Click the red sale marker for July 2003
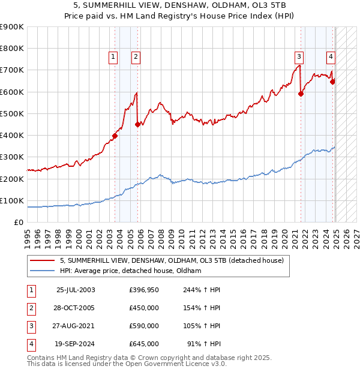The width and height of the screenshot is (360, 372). (x=115, y=136)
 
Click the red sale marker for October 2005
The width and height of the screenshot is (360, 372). (x=138, y=124)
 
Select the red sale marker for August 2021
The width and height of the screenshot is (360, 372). (x=301, y=94)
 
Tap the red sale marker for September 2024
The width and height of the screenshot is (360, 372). (x=333, y=82)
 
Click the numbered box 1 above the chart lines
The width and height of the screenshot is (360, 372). (x=113, y=57)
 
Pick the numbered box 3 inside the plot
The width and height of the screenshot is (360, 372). (x=298, y=57)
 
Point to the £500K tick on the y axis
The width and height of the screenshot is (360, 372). (x=12, y=113)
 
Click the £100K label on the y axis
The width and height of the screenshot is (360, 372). (x=12, y=200)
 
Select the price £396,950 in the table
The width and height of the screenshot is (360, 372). (x=143, y=290)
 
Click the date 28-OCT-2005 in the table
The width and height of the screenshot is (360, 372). (x=75, y=308)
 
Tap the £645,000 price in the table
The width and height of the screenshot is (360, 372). (x=143, y=344)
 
